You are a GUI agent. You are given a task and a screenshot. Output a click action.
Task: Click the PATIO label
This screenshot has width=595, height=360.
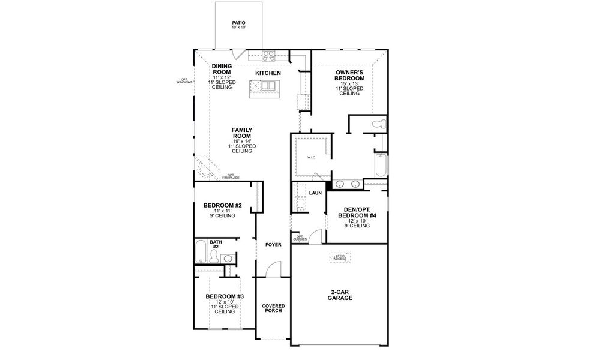coord(238,23)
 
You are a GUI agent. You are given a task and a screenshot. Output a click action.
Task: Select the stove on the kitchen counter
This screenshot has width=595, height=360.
coord(269,56)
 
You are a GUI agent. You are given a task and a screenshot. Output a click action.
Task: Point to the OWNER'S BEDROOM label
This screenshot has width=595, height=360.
coord(349,76)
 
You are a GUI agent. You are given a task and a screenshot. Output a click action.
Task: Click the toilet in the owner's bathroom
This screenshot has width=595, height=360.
coord(377,124)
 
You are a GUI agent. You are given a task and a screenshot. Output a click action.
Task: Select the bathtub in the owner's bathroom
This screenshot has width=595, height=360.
coord(380,164)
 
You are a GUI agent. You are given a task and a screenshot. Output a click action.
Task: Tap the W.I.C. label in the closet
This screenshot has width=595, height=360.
coord(312,158)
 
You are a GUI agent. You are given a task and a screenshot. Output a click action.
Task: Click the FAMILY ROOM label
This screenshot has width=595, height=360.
coord(241,133)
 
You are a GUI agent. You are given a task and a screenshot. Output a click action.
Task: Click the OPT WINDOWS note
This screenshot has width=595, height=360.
coord(184,81)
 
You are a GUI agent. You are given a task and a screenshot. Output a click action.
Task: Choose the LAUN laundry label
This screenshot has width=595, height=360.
coord(315,193)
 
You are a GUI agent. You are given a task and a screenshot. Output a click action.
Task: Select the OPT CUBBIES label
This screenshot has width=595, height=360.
coord(300,238)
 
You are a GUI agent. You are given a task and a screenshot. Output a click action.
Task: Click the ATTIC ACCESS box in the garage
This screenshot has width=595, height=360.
coord(340,257)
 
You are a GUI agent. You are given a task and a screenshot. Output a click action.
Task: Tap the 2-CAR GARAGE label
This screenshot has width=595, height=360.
coord(340,295)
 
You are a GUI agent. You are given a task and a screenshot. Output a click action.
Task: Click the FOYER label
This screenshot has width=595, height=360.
coord(273,245)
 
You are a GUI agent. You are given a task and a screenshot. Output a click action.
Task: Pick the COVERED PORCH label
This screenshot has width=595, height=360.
coord(273,308)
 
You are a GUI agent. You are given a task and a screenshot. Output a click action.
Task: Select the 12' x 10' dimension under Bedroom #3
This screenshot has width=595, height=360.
coord(225,302)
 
